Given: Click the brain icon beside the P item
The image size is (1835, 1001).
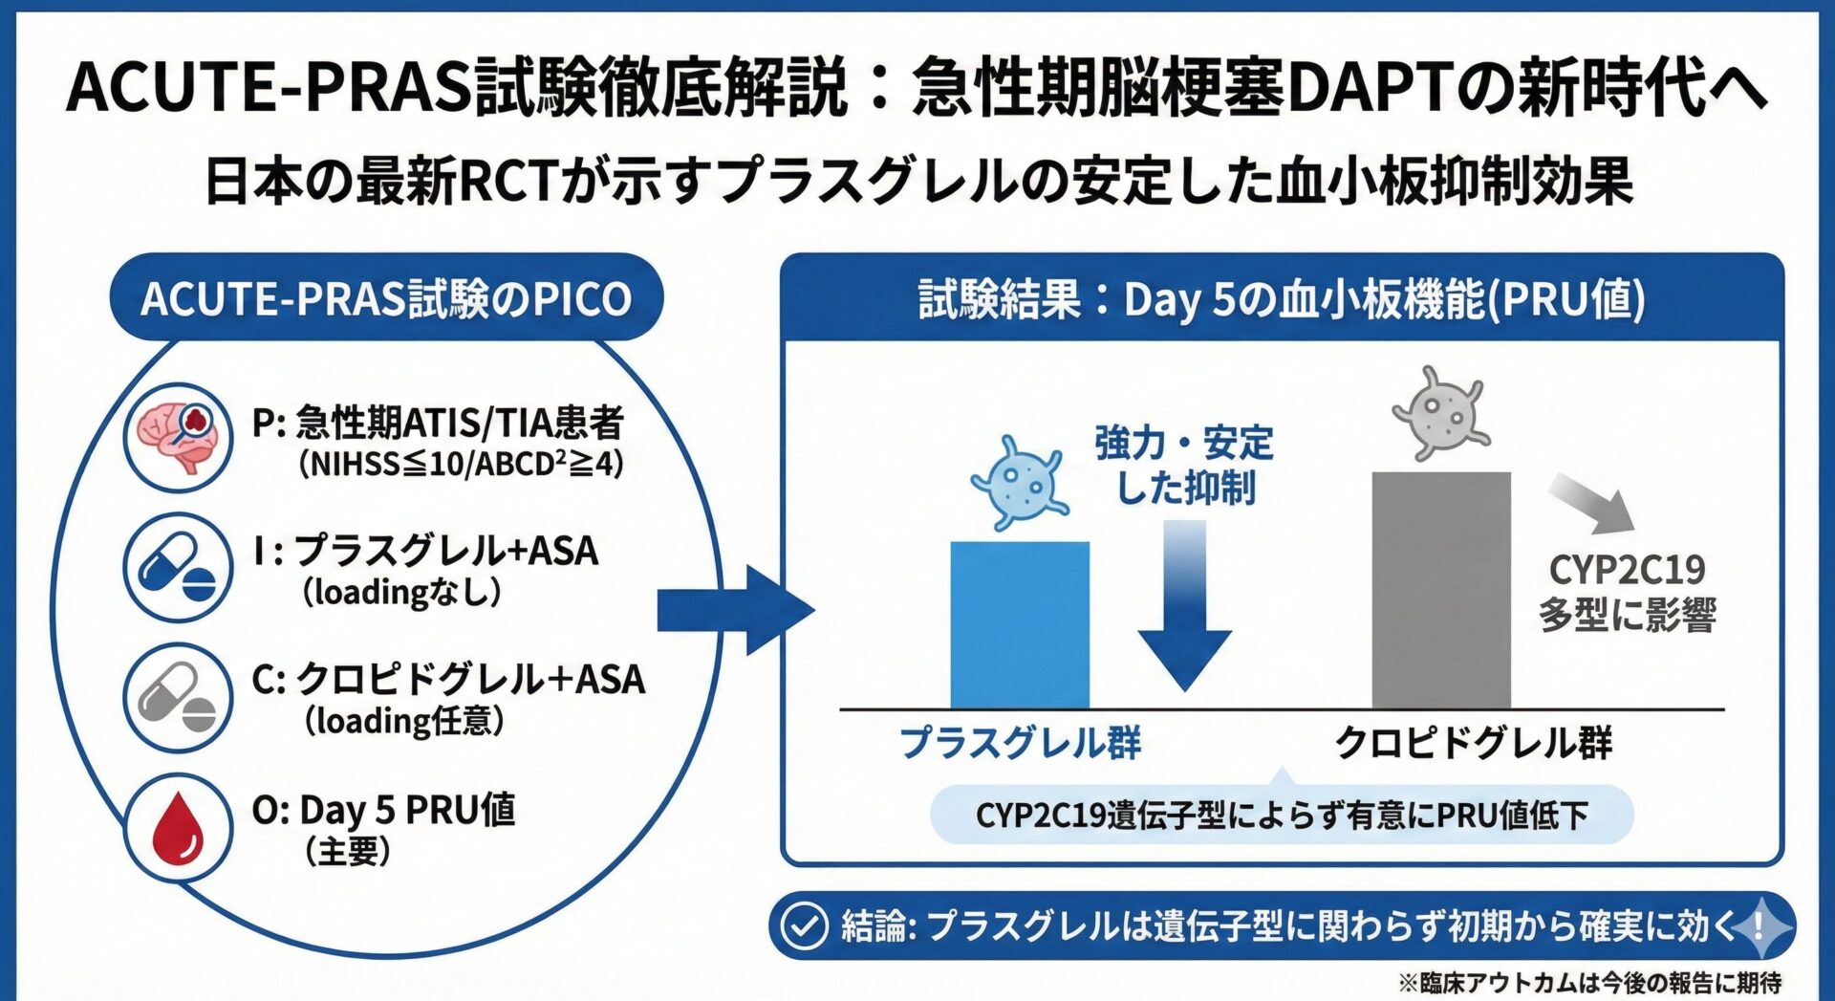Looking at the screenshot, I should [178, 437].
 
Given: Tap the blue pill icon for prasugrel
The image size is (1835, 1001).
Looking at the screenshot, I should [178, 567].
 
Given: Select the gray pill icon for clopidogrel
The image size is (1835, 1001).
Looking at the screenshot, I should [178, 697].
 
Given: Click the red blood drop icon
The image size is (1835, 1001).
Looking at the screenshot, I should [178, 828].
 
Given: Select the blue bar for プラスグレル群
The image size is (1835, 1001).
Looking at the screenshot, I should [1020, 625].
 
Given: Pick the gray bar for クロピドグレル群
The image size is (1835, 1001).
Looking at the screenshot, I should [1441, 590].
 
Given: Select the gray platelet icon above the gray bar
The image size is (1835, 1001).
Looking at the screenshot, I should [1440, 413].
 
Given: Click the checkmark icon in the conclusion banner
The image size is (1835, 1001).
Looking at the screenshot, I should [804, 925].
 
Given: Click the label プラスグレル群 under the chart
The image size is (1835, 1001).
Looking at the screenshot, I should [1020, 743].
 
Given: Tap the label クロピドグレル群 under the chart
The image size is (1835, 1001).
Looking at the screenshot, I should [1473, 743].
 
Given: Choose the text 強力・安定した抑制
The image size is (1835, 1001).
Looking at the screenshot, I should [1185, 466].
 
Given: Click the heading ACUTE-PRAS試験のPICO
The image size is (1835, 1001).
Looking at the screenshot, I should [386, 298].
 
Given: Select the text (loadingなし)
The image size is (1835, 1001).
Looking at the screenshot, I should [402, 593].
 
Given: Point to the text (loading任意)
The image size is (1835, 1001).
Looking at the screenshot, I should [404, 721].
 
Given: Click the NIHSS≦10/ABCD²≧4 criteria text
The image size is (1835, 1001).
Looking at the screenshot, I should [461, 465].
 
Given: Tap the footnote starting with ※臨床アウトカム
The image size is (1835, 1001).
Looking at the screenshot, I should [1589, 982].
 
